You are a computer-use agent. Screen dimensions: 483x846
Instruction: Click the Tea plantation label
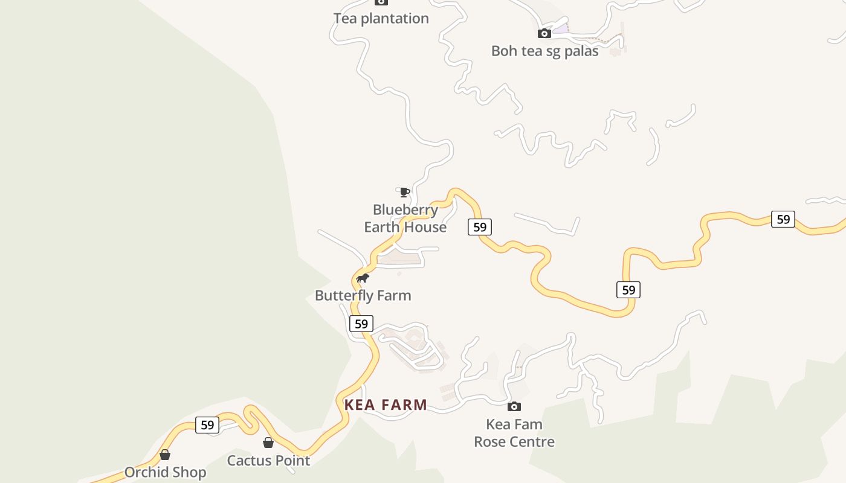coord(381,19)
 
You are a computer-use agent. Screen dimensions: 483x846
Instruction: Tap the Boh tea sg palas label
coord(544,51)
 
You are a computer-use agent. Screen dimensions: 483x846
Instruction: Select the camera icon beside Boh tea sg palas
coord(544,33)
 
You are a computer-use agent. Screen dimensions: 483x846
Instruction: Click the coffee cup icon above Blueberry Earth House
coord(404,193)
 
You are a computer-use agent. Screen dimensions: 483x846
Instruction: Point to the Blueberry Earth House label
coord(405,219)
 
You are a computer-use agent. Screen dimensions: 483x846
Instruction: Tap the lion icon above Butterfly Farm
coord(363,278)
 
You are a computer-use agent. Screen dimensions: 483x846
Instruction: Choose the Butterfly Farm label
coord(363,296)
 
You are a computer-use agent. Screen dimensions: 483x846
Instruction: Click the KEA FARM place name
coord(386,405)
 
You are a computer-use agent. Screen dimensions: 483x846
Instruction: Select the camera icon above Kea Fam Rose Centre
coord(514,406)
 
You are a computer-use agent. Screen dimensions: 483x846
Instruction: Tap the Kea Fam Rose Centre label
coord(514,433)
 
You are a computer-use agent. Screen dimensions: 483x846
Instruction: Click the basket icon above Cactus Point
coord(268,443)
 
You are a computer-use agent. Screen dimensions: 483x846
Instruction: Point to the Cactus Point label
coord(268,461)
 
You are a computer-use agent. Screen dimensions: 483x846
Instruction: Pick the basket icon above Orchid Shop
coord(164,455)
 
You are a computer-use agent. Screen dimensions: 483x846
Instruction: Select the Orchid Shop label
coord(165,472)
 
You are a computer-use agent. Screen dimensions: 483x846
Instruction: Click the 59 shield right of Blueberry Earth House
coord(479,227)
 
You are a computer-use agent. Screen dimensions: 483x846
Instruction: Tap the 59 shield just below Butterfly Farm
coord(361,324)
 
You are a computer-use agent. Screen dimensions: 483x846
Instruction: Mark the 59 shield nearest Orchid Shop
coord(207,425)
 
